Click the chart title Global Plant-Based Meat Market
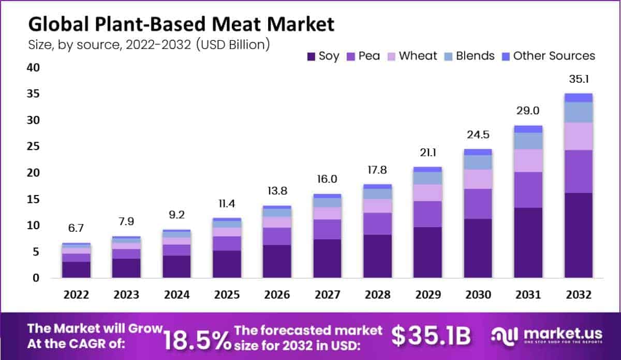(181, 24)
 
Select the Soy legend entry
(323, 56)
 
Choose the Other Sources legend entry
(549, 56)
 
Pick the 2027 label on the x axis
(328, 295)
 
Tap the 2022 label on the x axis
(77, 295)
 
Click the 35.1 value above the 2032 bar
(578, 80)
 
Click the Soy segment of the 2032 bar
(578, 235)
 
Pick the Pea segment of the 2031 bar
(528, 190)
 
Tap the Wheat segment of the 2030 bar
(478, 179)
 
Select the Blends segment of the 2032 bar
(578, 112)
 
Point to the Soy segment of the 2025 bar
(227, 264)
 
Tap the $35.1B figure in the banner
(431, 337)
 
